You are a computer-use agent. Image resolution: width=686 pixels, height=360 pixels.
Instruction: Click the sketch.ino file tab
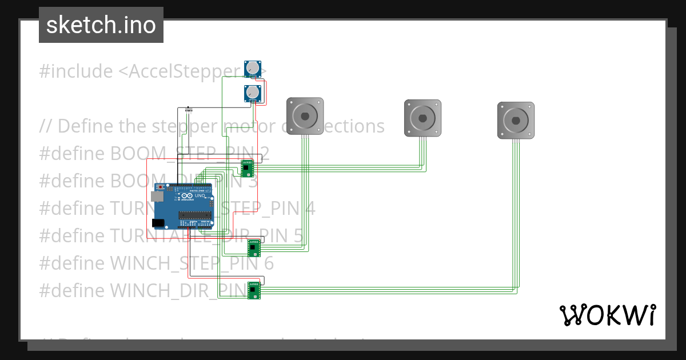click(x=101, y=25)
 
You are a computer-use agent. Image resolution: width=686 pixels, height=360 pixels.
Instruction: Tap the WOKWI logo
click(x=607, y=315)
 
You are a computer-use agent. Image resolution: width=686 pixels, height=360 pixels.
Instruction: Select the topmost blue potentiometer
click(x=253, y=69)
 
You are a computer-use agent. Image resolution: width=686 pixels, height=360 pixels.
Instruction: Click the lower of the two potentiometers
click(x=253, y=93)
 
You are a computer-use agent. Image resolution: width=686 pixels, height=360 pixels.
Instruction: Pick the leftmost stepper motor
click(x=305, y=116)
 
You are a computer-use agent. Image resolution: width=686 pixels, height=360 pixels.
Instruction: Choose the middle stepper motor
click(x=423, y=118)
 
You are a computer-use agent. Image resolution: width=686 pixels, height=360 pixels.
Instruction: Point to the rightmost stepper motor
click(x=516, y=120)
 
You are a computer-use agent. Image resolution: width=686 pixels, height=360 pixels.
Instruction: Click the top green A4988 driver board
click(x=247, y=168)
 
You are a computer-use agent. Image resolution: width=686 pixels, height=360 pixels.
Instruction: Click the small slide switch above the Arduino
click(x=190, y=109)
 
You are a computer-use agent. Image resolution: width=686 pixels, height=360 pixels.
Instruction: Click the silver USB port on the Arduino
click(x=156, y=196)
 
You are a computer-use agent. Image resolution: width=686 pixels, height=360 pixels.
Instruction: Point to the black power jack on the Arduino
click(x=159, y=222)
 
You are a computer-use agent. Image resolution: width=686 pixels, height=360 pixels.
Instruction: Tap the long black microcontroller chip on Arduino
click(x=197, y=215)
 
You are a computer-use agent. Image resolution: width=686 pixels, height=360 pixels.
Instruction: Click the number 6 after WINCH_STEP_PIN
click(x=268, y=263)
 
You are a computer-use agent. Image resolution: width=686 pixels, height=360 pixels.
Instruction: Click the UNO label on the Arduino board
click(x=200, y=196)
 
